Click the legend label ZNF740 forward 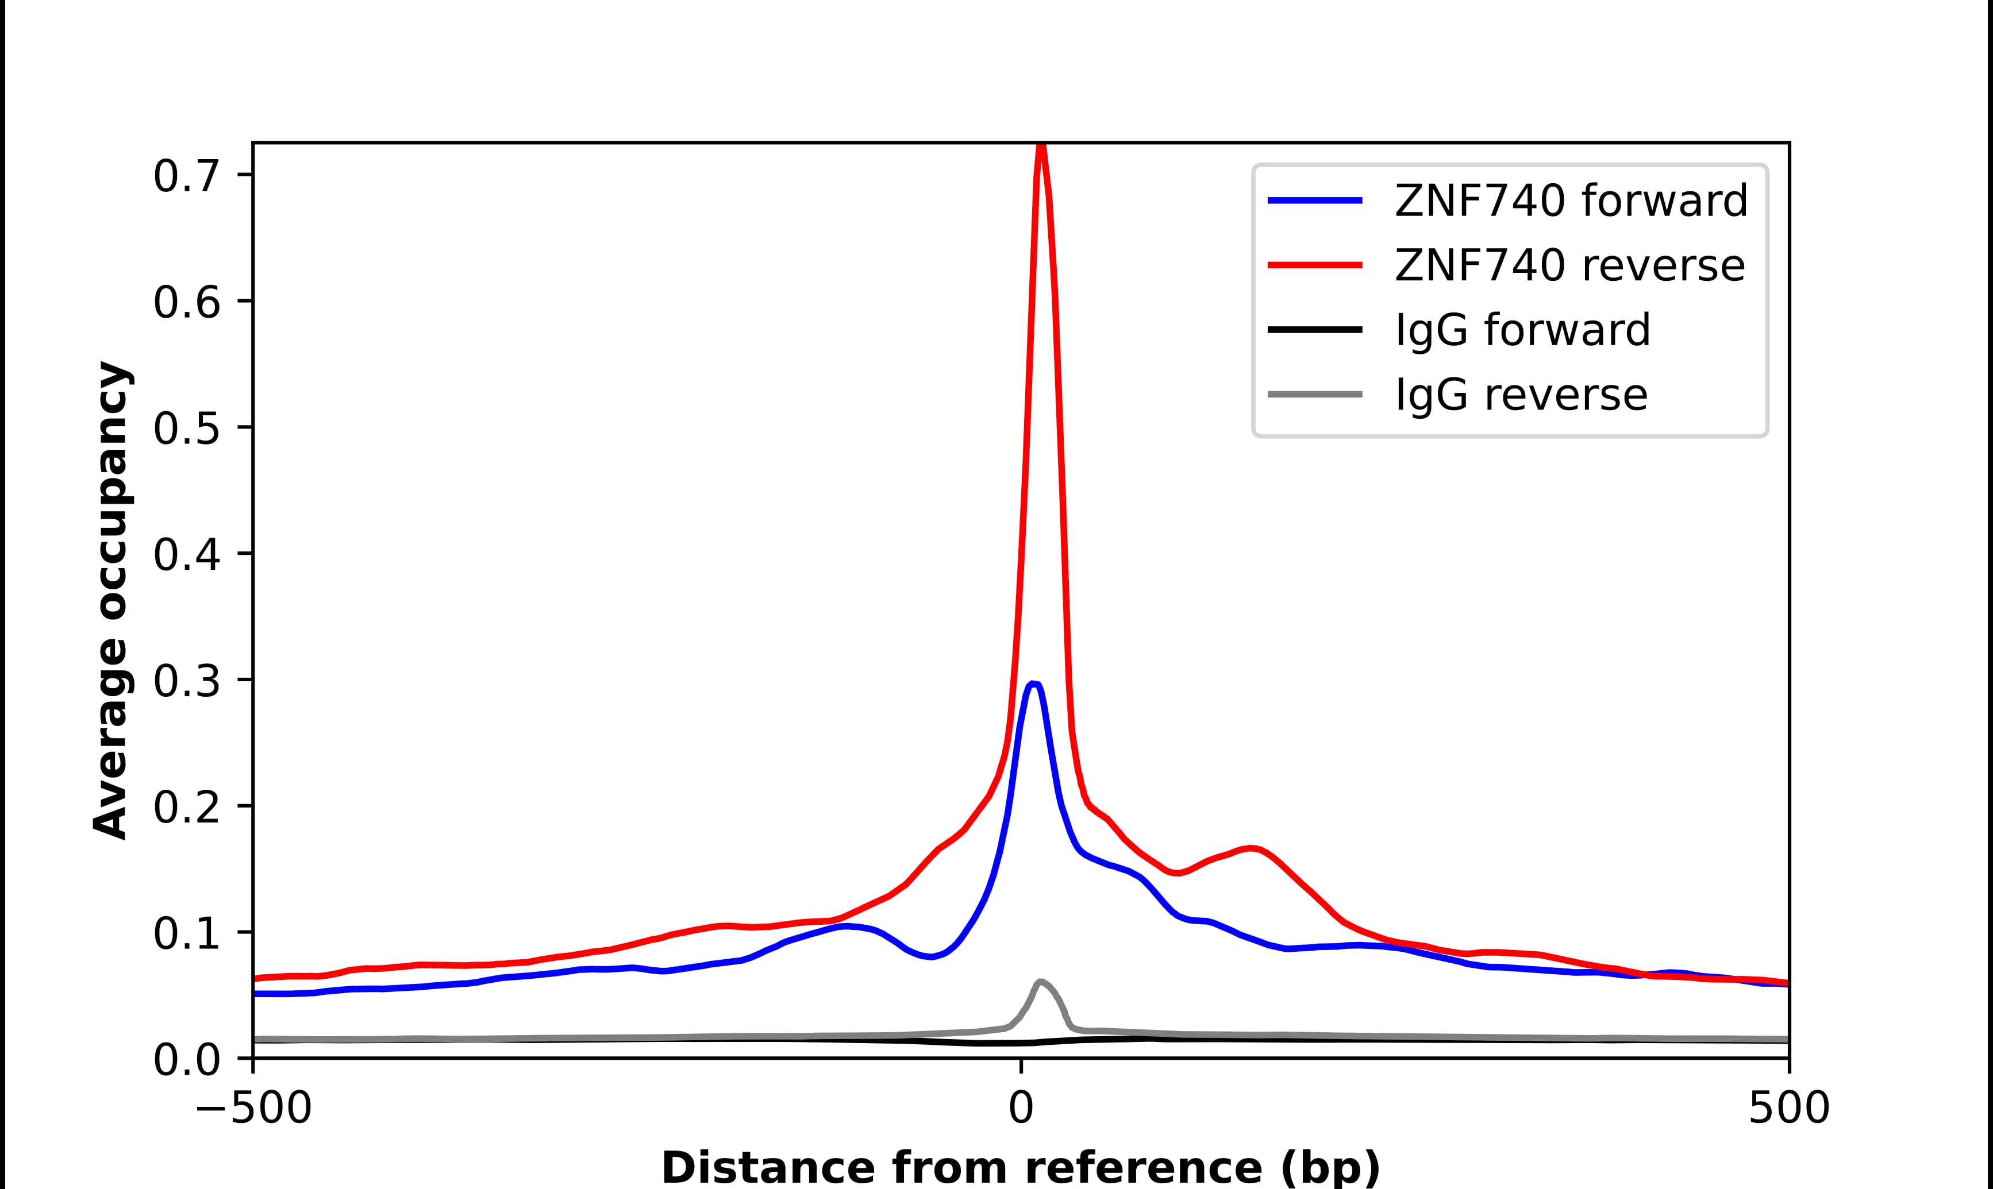click(x=1571, y=200)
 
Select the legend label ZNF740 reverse click(x=1569, y=265)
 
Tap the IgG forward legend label click(x=1522, y=330)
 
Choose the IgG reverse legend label click(x=1521, y=395)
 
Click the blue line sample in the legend click(x=1314, y=200)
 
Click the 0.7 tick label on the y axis click(x=186, y=176)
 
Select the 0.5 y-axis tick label click(x=186, y=428)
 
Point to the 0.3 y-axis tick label click(x=186, y=682)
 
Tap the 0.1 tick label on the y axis click(x=186, y=934)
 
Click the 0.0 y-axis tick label click(x=186, y=1060)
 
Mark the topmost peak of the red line click(x=1041, y=146)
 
